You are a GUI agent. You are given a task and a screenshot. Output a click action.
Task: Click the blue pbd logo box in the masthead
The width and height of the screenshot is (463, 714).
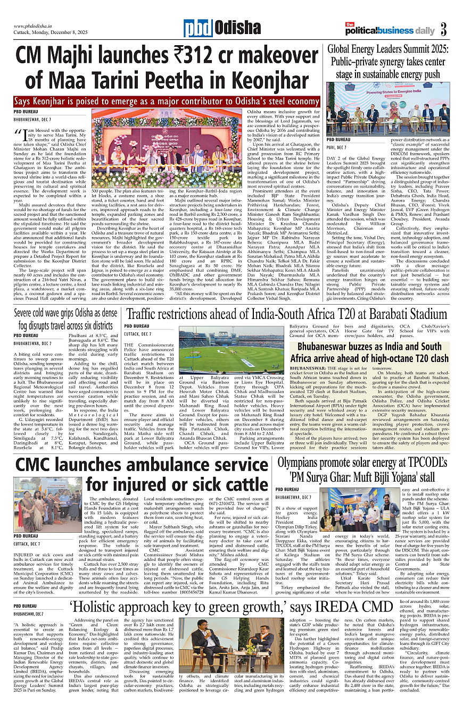click(x=198, y=28)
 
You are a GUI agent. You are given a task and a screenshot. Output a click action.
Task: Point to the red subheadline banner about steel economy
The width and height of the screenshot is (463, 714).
click(x=167, y=102)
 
